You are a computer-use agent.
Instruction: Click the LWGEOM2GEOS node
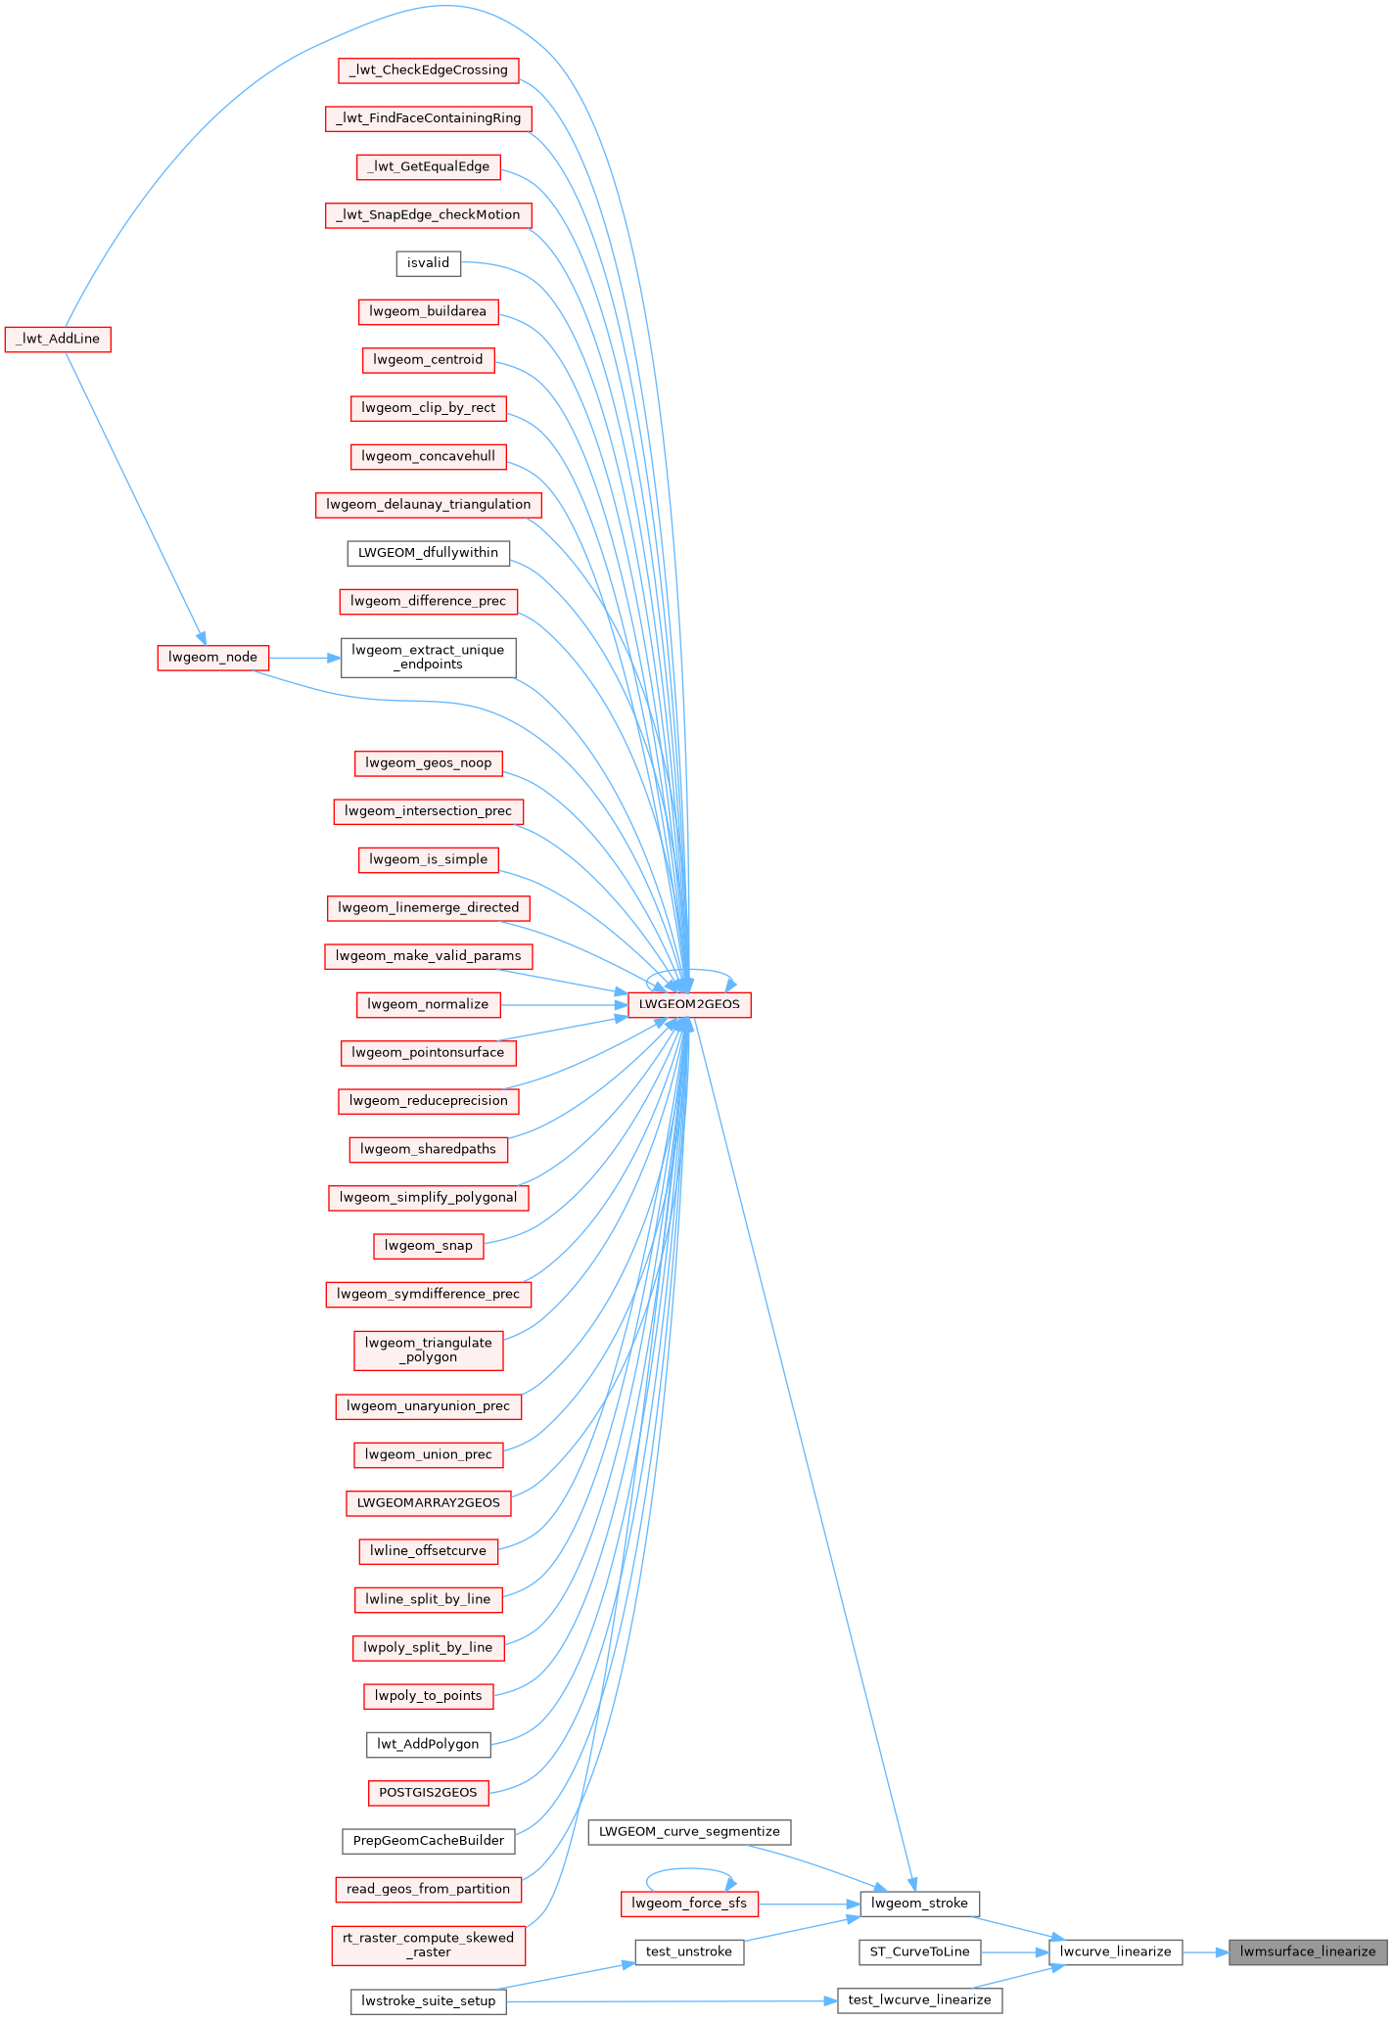coord(689,1004)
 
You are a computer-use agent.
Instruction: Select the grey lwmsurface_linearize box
coord(1308,1951)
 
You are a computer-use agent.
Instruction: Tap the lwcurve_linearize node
coord(1115,1951)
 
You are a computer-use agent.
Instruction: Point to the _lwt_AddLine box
coord(58,339)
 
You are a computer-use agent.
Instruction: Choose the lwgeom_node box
coord(212,657)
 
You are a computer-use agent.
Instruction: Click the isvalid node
coord(428,263)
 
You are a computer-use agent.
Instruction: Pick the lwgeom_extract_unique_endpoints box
coord(428,657)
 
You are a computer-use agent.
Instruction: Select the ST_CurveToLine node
coord(919,1951)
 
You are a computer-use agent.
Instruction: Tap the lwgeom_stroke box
coord(919,1904)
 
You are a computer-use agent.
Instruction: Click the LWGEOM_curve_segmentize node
coord(689,1832)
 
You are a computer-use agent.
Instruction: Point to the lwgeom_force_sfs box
coord(689,1904)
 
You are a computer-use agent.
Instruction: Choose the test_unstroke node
coord(689,1951)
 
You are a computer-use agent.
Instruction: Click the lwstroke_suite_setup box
coord(428,2000)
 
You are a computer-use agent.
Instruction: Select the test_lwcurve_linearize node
coord(919,1999)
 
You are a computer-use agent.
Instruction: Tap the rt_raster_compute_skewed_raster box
coord(428,1945)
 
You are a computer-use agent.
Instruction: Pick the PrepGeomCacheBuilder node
coord(428,1841)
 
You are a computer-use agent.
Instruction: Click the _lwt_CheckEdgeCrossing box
coord(428,70)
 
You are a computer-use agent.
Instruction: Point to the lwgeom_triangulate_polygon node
coord(428,1350)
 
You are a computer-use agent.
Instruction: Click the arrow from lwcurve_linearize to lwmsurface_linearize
coord(1205,1951)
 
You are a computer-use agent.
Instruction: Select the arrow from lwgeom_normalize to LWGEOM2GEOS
coord(563,1004)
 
